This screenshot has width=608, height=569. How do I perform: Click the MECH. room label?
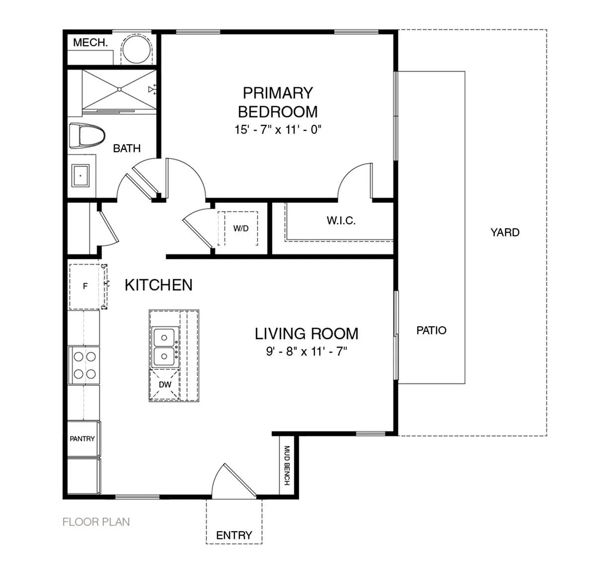tap(90, 43)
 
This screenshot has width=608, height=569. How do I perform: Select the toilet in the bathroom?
tap(87, 135)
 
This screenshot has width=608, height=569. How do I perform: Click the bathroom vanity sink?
tap(80, 176)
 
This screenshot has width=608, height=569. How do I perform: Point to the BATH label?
tap(127, 148)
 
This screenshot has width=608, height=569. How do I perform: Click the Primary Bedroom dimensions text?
tap(278, 130)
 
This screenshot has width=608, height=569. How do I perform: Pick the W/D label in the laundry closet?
tap(240, 228)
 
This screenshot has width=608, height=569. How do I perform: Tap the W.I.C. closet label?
tap(341, 220)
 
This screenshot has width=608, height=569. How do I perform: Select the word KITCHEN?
tap(158, 285)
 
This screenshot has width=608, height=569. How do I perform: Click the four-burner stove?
tap(84, 365)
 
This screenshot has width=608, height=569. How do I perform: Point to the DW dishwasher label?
tap(165, 385)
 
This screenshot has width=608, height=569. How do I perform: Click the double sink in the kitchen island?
tap(165, 347)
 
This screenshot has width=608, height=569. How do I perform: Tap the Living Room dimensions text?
tap(306, 351)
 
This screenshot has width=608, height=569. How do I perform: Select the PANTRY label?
tap(82, 439)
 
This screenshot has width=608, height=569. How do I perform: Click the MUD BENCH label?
tap(287, 466)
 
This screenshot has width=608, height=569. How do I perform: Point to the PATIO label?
tap(431, 330)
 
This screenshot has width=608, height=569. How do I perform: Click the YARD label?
tap(505, 232)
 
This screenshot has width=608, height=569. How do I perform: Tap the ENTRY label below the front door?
tap(234, 535)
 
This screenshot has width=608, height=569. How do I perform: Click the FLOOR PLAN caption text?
tap(96, 522)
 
